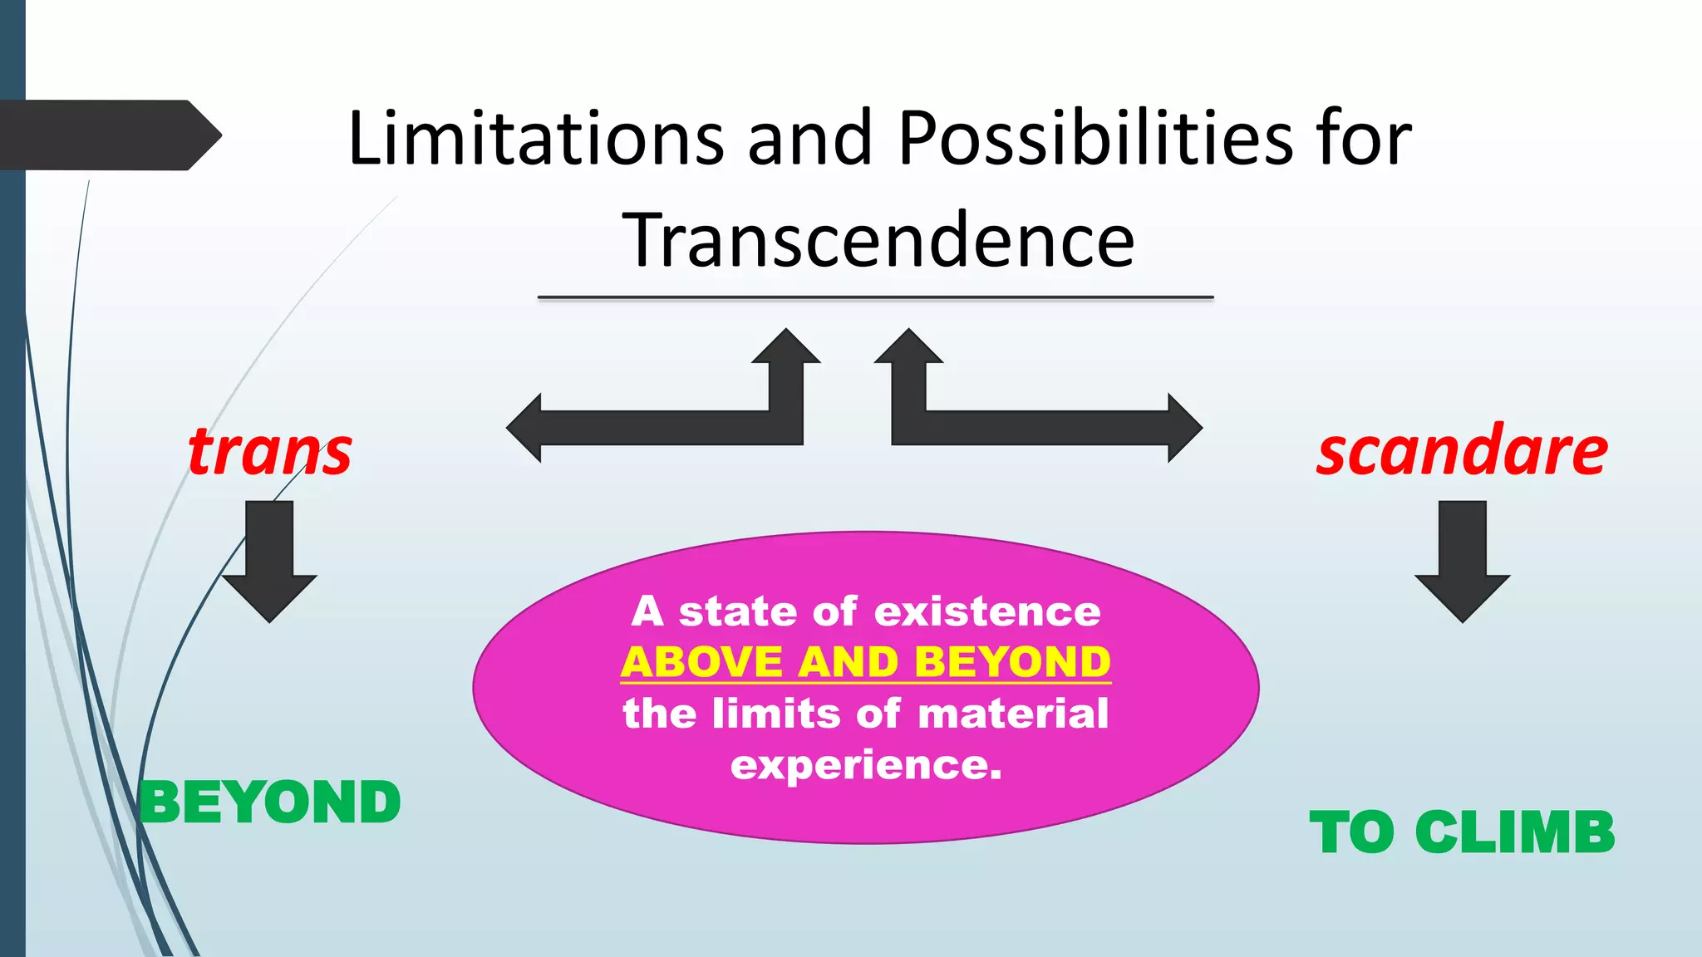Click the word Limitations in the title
tap(536, 138)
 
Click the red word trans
tap(270, 452)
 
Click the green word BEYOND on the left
tap(270, 802)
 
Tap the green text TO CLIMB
tap(1462, 832)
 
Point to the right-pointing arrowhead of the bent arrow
tap(1183, 428)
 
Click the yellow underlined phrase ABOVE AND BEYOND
tap(865, 662)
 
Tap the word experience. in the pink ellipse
tap(866, 764)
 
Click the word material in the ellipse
tap(1013, 714)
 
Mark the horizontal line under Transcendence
tap(875, 297)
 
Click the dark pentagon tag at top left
tap(108, 135)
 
